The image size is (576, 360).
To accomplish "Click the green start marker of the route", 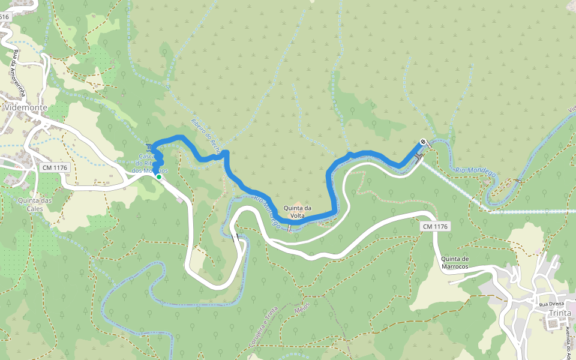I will click(x=158, y=177).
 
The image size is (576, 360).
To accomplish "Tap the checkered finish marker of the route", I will click(x=424, y=142).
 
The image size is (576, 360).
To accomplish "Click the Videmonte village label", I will click(x=25, y=107).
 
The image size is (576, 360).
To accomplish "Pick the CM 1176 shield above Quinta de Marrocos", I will click(x=436, y=226).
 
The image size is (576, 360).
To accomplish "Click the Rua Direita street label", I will click(x=551, y=304).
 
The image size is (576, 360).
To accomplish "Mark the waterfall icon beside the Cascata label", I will click(x=149, y=148).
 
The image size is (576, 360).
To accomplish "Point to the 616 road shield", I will click(x=4, y=17).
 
